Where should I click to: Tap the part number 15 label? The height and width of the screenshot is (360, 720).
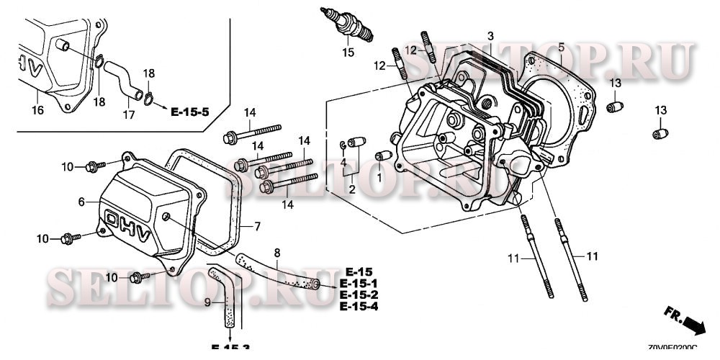pos(348,53)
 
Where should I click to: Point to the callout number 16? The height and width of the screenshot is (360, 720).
pos(37,109)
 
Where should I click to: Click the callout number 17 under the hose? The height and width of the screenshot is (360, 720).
pos(127,114)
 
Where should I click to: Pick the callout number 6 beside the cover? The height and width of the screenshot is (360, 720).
pos(81,202)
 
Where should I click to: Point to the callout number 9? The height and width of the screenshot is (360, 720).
pos(207,303)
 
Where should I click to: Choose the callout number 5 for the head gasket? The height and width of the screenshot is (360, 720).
pos(560,48)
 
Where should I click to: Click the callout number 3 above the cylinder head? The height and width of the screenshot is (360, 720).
pos(490,36)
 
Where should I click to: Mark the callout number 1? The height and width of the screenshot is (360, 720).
pos(379,176)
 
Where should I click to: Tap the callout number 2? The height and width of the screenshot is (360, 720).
pos(352,189)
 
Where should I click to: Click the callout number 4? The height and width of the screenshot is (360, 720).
pos(343,161)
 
